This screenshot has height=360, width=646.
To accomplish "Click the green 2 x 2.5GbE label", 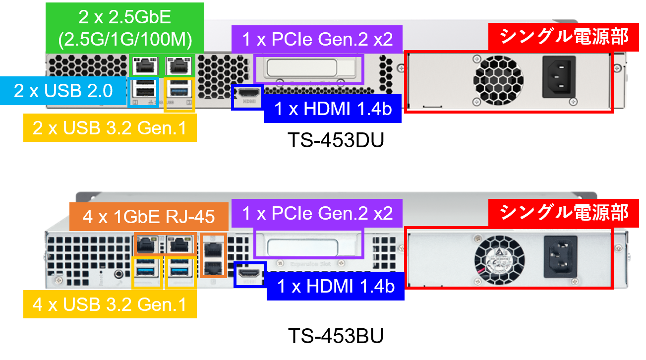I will pos(124,28).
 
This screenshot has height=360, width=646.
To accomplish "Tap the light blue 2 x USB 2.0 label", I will pos(63,91).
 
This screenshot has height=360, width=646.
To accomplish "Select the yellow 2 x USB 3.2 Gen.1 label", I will pos(110,128).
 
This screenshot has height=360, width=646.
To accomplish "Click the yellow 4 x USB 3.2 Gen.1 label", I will pos(110,304).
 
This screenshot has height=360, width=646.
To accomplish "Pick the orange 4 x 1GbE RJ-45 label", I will pos(149,217).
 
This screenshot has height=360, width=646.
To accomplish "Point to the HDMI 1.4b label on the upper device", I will pos(332,109).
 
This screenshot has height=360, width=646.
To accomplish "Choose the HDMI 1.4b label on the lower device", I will pos(335,287).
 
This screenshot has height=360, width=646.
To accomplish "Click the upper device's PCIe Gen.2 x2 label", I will pos(317,39).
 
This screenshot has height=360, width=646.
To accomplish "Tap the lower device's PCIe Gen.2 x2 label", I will pos(317,213).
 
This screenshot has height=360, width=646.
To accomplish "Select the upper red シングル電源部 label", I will pos(563,36).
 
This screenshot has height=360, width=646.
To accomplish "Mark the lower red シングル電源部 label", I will pos(563,212).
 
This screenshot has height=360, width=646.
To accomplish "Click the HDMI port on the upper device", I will pos(247,93).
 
